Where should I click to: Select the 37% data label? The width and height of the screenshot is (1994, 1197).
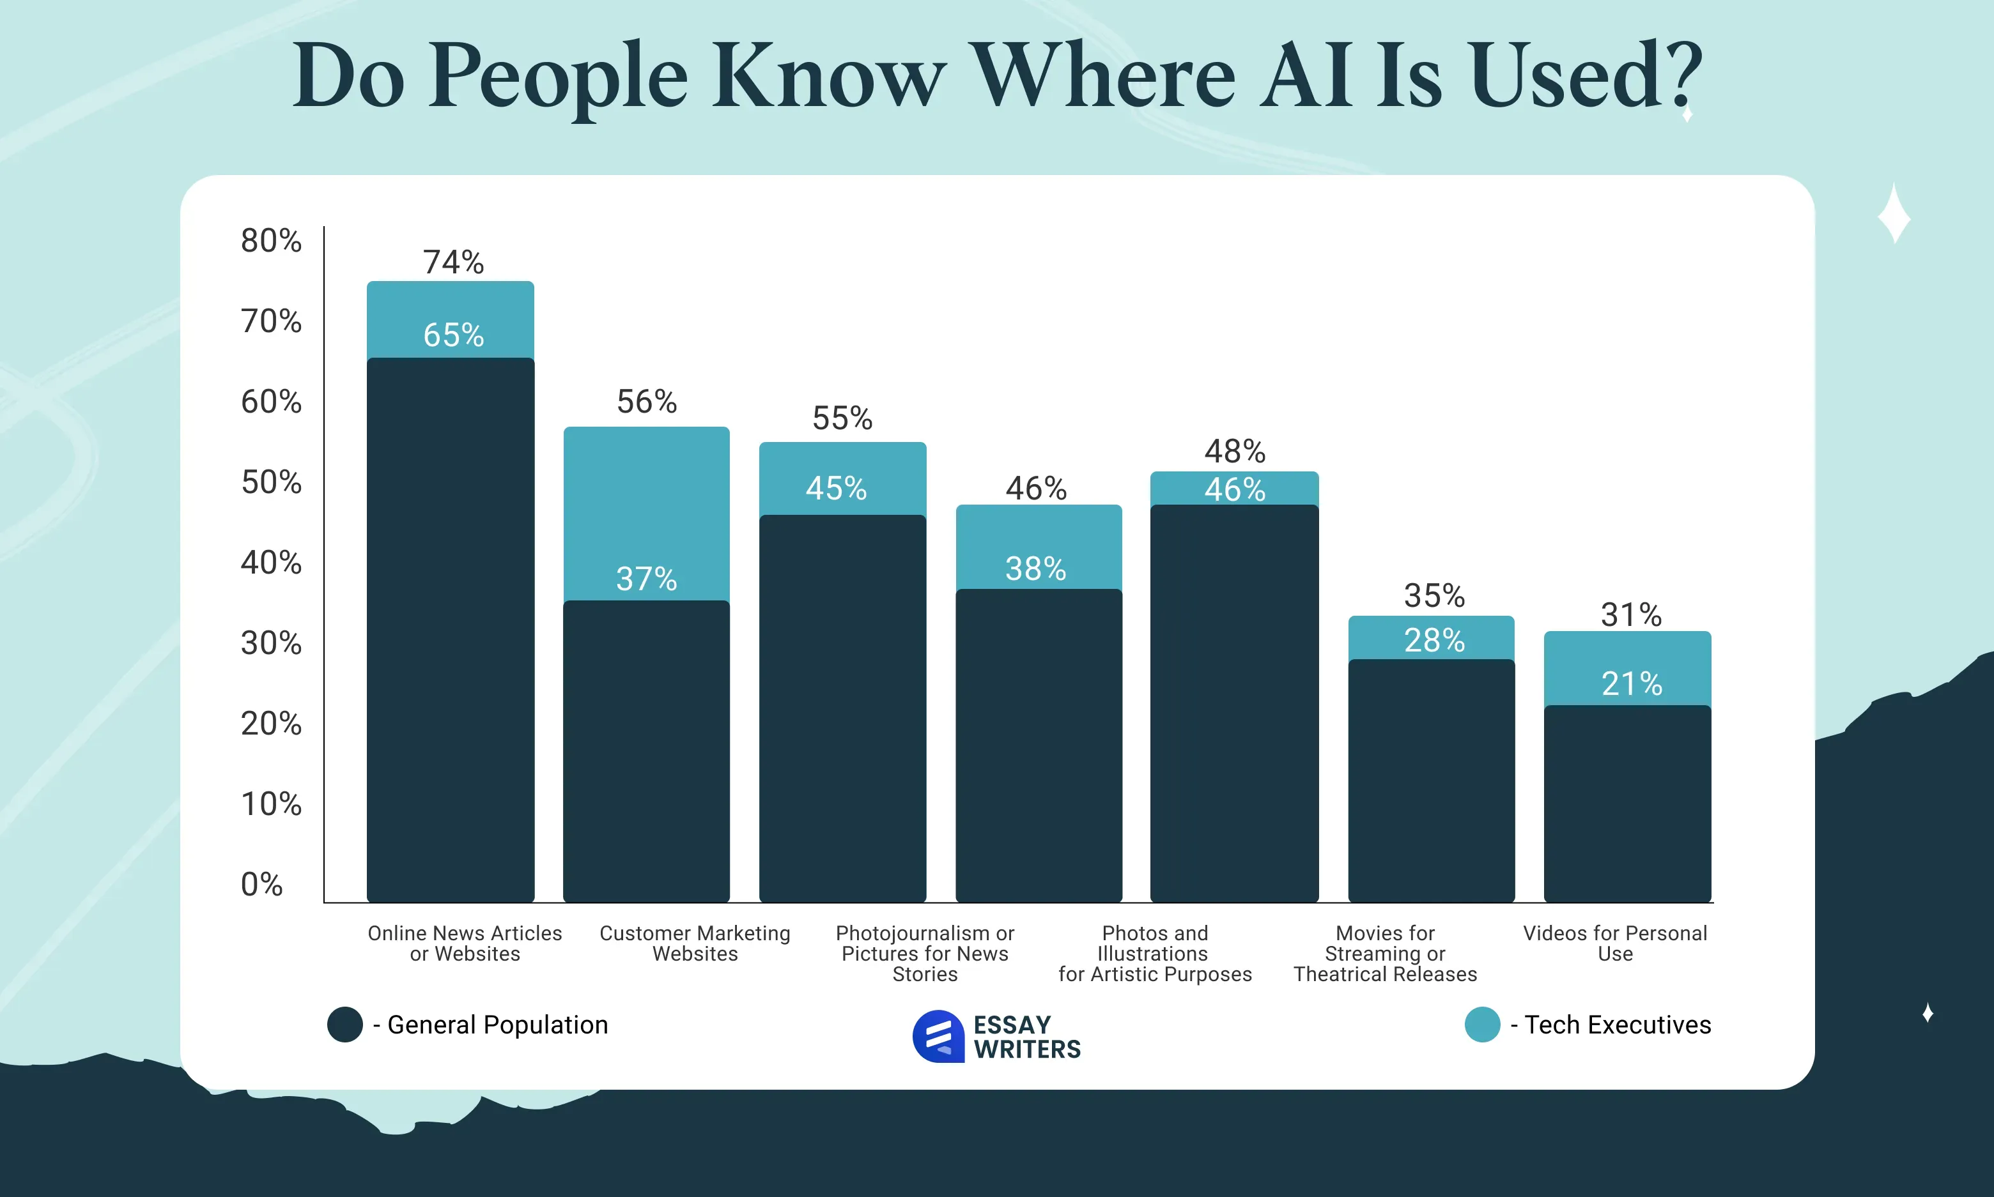[x=645, y=578]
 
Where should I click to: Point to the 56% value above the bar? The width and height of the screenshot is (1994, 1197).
[x=646, y=402]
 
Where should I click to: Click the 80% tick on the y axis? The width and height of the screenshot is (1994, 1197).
[x=271, y=240]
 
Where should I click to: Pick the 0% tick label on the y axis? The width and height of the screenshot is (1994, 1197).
[x=261, y=884]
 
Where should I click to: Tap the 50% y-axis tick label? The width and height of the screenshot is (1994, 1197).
[x=271, y=482]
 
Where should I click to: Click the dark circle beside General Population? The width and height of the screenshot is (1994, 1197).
[x=344, y=1025]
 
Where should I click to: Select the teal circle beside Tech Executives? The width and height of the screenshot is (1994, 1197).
[x=1481, y=1025]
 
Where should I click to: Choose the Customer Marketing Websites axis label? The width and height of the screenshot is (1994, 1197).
[x=695, y=943]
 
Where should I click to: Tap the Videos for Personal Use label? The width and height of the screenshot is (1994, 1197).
[x=1615, y=943]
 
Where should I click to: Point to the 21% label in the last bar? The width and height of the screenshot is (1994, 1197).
[x=1631, y=684]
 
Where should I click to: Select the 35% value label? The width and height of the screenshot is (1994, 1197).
[x=1434, y=596]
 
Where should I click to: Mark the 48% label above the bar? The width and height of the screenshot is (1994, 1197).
[x=1235, y=451]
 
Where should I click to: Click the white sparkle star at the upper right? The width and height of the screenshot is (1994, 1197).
[x=1893, y=214]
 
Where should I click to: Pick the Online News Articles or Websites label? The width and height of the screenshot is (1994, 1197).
[x=465, y=943]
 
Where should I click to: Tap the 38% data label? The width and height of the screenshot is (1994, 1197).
[x=1035, y=568]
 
